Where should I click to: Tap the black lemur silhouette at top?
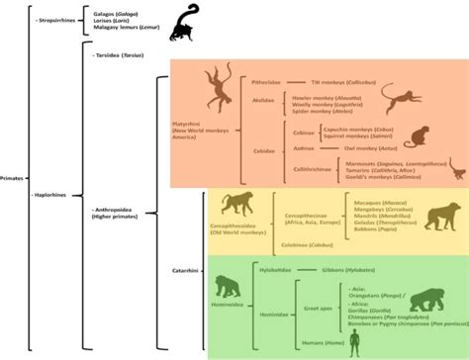pyautogui.click(x=180, y=24)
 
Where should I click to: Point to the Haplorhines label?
pyautogui.click(x=50, y=195)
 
